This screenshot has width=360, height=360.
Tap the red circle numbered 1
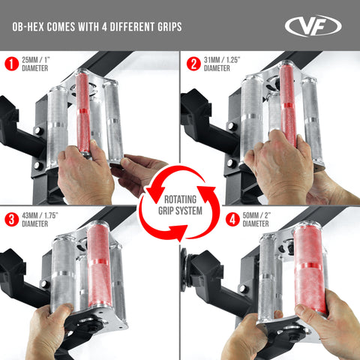coord(11,64)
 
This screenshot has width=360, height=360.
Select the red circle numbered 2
coord(193,64)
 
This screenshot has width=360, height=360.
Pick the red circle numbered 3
coord(11,219)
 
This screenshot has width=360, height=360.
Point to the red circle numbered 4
coord(193,219)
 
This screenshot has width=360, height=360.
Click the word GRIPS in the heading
coord(164,27)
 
